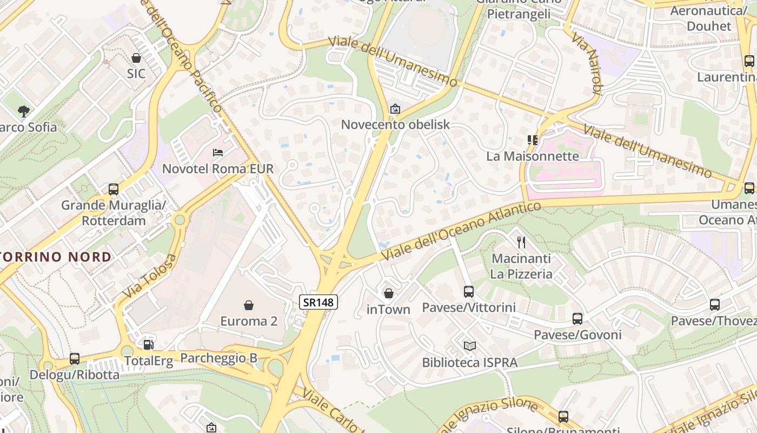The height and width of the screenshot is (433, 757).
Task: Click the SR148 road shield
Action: (x=318, y=302)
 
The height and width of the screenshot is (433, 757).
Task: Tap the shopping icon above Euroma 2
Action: (x=249, y=306)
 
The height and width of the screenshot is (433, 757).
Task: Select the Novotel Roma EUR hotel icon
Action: (x=218, y=153)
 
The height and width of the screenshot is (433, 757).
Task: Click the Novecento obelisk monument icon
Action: (x=395, y=109)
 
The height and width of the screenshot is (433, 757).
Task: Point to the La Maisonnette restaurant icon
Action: (x=533, y=140)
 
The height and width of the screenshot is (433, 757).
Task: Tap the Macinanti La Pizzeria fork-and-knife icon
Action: (x=521, y=242)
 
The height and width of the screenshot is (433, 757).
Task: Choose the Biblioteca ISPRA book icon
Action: (x=469, y=346)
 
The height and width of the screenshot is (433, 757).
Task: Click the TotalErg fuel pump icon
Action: (x=148, y=344)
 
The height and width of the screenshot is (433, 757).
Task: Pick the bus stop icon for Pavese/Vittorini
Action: (x=469, y=291)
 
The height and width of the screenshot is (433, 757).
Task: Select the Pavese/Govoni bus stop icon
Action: (x=577, y=319)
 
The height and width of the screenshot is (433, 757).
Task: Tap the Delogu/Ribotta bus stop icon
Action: (x=75, y=358)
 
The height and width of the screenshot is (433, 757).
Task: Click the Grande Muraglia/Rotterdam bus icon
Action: (x=114, y=189)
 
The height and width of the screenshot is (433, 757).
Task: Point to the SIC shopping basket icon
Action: (x=136, y=58)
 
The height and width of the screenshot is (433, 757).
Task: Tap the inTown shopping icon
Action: (x=388, y=294)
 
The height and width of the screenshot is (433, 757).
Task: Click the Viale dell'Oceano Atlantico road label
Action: (x=461, y=231)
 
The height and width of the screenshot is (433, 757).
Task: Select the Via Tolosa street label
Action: (x=150, y=277)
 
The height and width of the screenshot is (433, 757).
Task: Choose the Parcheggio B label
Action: (x=218, y=358)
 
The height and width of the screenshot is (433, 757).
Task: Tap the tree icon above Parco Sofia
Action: (x=23, y=111)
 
